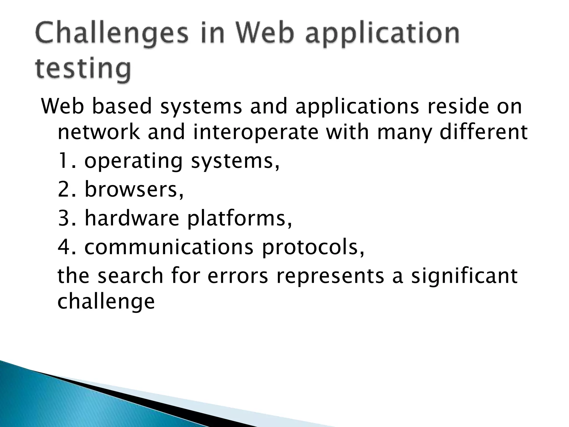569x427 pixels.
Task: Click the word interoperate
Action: (x=256, y=133)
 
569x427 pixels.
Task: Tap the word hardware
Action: (x=132, y=218)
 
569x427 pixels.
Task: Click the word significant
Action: (x=464, y=277)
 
